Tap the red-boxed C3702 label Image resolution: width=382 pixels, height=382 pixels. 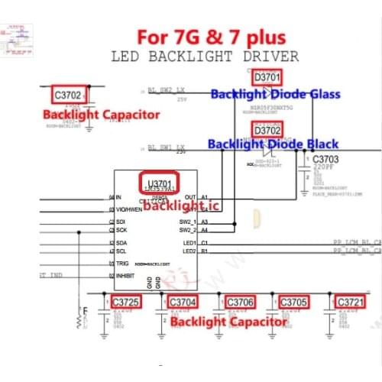pyautogui.click(x=67, y=95)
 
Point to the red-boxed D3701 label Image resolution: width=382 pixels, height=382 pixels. pyautogui.click(x=267, y=77)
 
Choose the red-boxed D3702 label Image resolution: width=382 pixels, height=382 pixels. pyautogui.click(x=267, y=131)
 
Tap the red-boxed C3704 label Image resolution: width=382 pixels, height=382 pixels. pyautogui.click(x=183, y=302)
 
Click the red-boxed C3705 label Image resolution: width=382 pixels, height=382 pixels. pyautogui.click(x=293, y=302)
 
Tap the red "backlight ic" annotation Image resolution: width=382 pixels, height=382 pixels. pyautogui.click(x=175, y=206)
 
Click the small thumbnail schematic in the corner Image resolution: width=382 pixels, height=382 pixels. pyautogui.click(x=18, y=34)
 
